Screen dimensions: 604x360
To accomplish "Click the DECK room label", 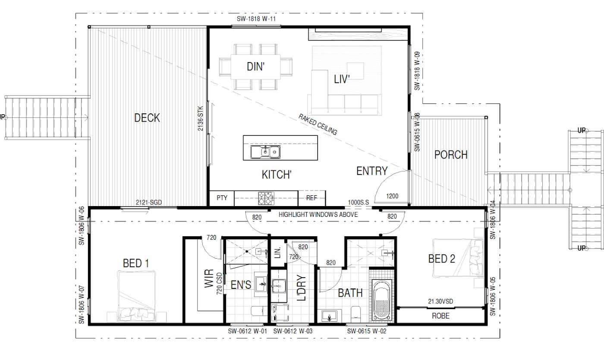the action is pyautogui.click(x=147, y=118).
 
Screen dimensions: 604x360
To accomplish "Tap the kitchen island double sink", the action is pyautogui.click(x=265, y=152).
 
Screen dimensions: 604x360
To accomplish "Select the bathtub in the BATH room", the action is pyautogui.click(x=382, y=300).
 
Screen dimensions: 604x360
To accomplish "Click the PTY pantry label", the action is pyautogui.click(x=222, y=198).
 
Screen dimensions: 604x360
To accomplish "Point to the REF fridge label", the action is pyautogui.click(x=311, y=198).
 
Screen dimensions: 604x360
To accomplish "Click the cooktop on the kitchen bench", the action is pyautogui.click(x=266, y=198).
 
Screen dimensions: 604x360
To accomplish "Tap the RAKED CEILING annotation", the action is pyautogui.click(x=318, y=124).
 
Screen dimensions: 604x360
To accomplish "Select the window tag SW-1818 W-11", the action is pyautogui.click(x=256, y=19).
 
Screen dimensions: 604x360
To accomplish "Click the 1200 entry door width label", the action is pyautogui.click(x=392, y=196).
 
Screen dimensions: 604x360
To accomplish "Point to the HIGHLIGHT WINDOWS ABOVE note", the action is pyautogui.click(x=318, y=215).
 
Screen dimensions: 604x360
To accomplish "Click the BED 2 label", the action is pyautogui.click(x=442, y=259).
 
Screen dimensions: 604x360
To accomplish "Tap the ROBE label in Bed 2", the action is pyautogui.click(x=440, y=316).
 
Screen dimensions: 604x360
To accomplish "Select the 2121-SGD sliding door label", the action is pyautogui.click(x=148, y=202).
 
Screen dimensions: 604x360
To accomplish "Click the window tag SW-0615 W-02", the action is pyautogui.click(x=366, y=331).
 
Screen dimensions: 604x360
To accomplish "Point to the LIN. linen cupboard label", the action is pyautogui.click(x=278, y=253).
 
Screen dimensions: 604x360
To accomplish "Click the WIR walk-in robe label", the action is pyautogui.click(x=209, y=278).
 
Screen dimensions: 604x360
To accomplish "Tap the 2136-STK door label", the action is pyautogui.click(x=200, y=119).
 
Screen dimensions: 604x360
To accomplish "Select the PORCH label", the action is pyautogui.click(x=451, y=155).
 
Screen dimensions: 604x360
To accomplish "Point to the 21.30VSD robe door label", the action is pyautogui.click(x=440, y=301).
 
